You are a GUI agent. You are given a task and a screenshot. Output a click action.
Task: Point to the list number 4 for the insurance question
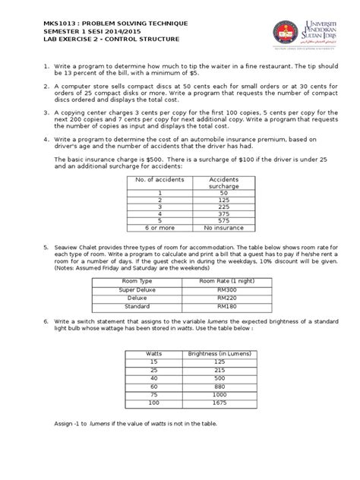coord(46,140)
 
